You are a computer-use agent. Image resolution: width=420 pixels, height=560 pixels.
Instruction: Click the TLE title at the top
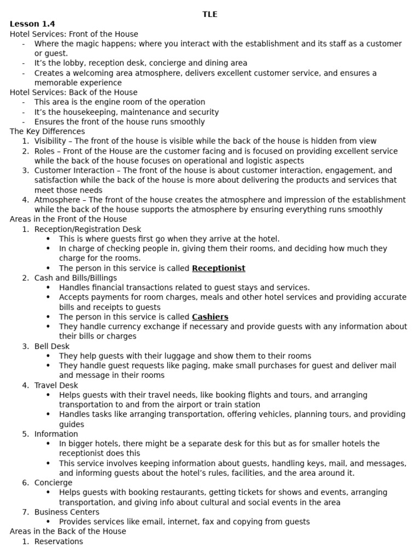210,14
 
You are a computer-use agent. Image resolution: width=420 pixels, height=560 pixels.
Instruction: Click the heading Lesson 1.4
32,24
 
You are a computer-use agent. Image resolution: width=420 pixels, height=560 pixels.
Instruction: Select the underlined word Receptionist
218,268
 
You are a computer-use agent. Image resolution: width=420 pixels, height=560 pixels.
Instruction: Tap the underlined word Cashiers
210,317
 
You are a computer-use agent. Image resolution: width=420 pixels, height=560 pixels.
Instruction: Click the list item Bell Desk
52,346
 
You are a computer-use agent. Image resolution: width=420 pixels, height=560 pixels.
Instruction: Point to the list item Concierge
53,482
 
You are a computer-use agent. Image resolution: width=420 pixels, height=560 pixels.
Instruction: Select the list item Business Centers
67,512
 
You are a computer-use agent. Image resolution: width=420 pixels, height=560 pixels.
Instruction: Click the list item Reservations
59,541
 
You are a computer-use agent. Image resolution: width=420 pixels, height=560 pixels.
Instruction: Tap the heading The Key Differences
47,131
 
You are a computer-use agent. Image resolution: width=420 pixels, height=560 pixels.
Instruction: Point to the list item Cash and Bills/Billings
75,278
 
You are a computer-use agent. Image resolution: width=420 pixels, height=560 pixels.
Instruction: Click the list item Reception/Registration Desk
87,229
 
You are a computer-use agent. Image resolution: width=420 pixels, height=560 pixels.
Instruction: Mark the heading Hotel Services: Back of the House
74,92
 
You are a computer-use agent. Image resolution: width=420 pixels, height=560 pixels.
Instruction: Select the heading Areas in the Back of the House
68,531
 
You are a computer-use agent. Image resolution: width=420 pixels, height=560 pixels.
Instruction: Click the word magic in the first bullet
93,44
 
